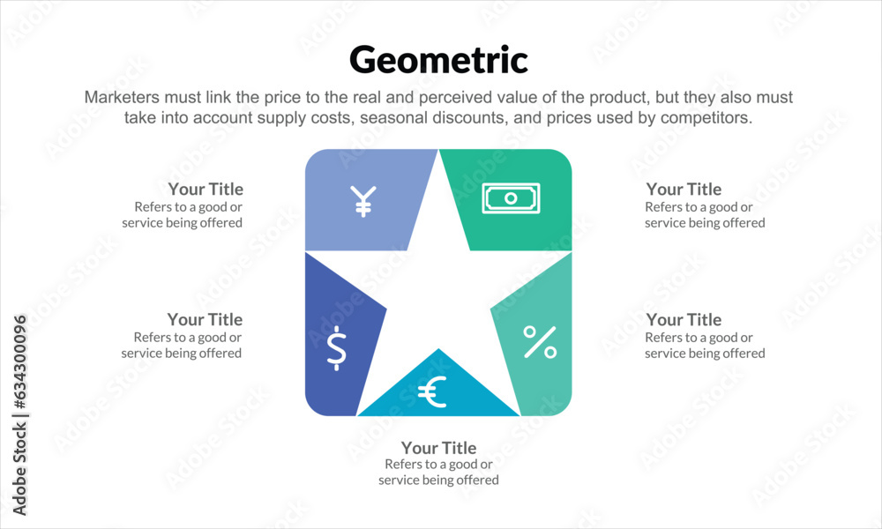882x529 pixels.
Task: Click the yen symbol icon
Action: [363, 201]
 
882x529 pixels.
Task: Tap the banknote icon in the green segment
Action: [511, 197]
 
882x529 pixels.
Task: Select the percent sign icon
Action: [540, 342]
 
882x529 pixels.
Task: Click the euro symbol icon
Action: [432, 391]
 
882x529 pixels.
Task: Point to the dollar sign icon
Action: [336, 347]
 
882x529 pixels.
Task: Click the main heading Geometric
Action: [438, 60]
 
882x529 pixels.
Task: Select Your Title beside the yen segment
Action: [206, 190]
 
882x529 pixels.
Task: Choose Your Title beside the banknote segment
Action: [684, 190]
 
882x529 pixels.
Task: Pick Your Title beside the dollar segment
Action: [205, 320]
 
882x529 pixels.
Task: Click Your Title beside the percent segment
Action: [684, 320]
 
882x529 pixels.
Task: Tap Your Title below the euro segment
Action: [438, 448]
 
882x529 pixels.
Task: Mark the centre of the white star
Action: [438, 291]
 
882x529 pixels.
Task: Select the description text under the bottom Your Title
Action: [438, 473]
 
